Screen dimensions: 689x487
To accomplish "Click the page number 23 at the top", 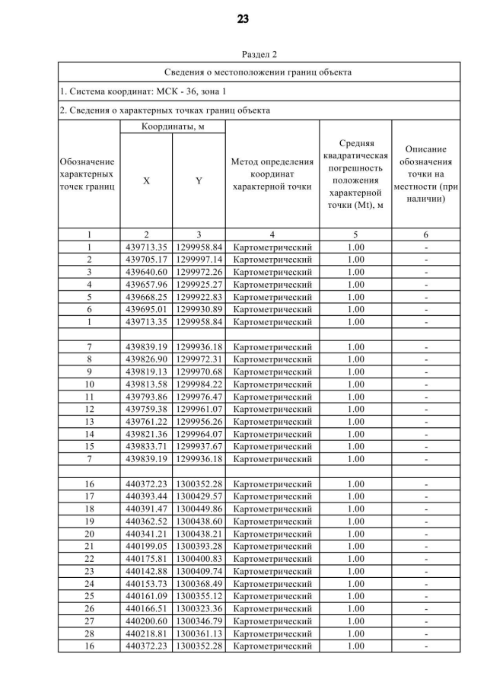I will tap(243, 19).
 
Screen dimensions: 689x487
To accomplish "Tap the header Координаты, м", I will tap(173, 126).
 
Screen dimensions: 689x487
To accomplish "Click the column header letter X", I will tap(146, 181).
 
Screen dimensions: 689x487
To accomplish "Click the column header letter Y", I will tap(198, 181).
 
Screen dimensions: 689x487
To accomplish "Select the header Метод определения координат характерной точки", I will tap(272, 174).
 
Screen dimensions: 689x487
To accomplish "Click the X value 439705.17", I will tap(146, 260).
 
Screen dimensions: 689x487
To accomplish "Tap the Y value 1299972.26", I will tap(198, 272).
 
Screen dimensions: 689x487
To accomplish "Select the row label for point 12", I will tap(89, 410).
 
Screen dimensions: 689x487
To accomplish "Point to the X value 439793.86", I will tap(146, 397).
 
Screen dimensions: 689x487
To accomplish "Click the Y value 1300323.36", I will tap(198, 609).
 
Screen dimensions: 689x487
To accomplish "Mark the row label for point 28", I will tap(89, 634).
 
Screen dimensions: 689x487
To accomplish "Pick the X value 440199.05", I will tap(146, 547).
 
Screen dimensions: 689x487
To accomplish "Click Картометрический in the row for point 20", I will tap(272, 534).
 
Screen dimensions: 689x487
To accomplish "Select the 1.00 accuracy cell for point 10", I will tap(355, 384).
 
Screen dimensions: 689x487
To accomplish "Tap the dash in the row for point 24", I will tap(426, 584).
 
